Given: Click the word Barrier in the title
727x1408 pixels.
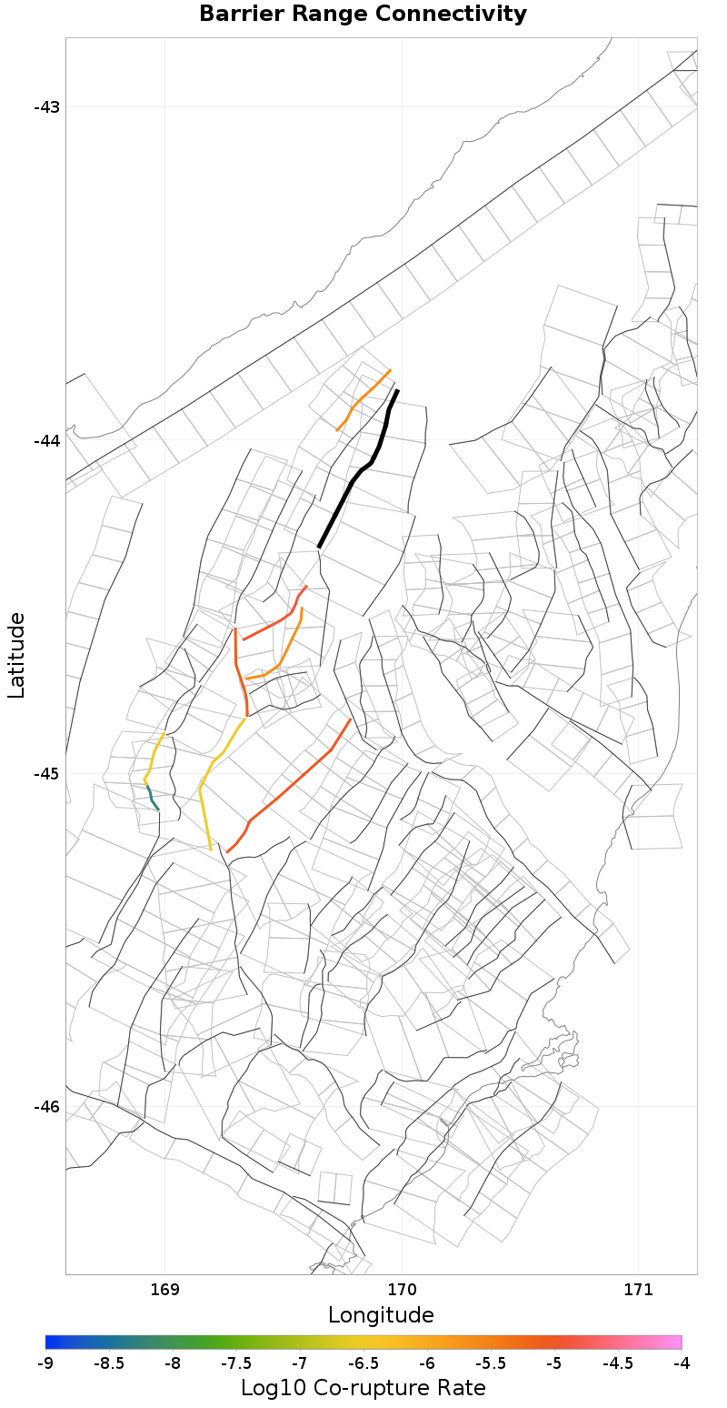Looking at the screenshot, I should (x=242, y=15).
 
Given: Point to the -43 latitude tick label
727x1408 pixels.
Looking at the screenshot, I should (x=46, y=107).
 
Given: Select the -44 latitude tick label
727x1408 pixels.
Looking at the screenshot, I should (x=46, y=440).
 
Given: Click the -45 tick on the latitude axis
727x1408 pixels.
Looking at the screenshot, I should (x=46, y=774).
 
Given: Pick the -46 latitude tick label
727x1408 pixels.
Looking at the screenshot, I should (x=46, y=1107).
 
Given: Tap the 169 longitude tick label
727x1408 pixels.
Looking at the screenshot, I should (x=164, y=1289).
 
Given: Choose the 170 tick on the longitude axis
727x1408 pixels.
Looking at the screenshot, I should (x=402, y=1289).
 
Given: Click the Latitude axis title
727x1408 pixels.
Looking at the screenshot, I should (x=16, y=655).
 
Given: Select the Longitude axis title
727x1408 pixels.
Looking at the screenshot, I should (x=381, y=1315).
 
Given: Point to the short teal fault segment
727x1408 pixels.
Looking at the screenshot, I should (x=153, y=798).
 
